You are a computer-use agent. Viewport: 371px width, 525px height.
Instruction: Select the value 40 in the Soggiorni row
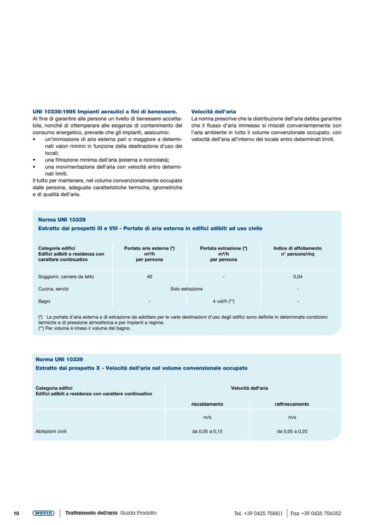(x=149, y=276)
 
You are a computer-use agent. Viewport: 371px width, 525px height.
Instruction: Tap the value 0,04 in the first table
(x=298, y=276)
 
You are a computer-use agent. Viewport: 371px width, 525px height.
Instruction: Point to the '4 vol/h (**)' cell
(x=223, y=301)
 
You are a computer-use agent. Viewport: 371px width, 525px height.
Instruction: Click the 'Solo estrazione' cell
(x=187, y=289)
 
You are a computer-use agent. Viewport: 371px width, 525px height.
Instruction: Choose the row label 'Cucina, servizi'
(x=54, y=289)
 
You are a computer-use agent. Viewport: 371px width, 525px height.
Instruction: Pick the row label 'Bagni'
(x=44, y=301)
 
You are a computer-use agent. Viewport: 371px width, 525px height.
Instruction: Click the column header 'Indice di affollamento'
(x=298, y=248)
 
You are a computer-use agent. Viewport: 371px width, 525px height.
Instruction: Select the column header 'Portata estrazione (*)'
(x=223, y=248)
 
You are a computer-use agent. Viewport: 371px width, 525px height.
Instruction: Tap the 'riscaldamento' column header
(x=207, y=404)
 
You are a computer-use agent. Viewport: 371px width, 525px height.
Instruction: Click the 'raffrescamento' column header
(x=292, y=404)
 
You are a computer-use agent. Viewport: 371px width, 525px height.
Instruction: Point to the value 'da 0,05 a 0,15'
(x=207, y=431)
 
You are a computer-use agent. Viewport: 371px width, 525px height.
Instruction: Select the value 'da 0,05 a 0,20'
(x=292, y=431)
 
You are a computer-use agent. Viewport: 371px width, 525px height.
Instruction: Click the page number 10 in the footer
(x=16, y=513)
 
